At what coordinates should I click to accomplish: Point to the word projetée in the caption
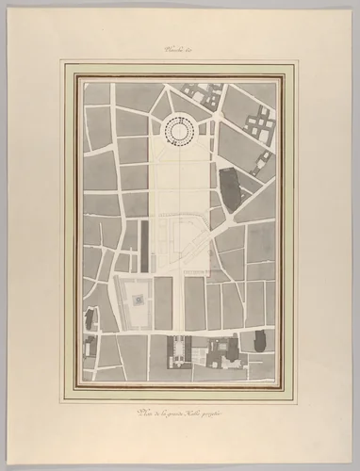(x=223, y=412)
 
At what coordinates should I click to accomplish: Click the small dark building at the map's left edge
(x=90, y=318)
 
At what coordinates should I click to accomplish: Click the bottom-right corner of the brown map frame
(x=283, y=387)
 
